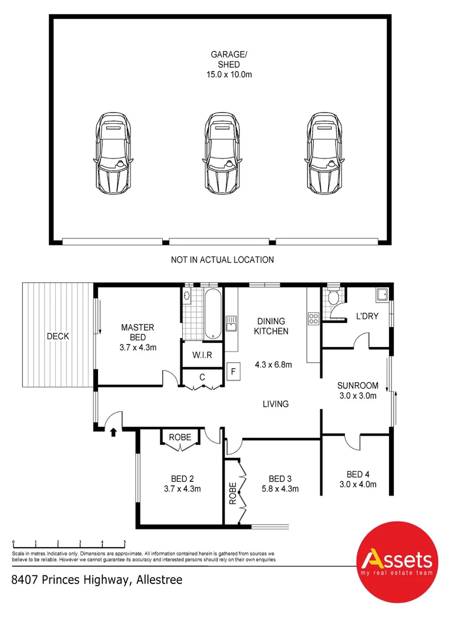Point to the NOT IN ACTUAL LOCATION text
222,259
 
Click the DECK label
58,336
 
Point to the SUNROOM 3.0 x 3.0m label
357,390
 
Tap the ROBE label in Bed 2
179,437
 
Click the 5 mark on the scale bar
125,542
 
